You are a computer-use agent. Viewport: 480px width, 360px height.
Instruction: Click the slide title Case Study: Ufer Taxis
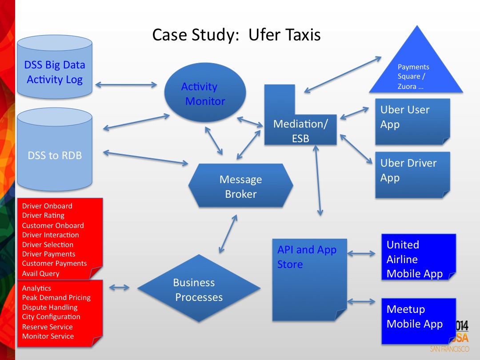(236, 35)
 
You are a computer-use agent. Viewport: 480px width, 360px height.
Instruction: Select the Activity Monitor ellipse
(205, 94)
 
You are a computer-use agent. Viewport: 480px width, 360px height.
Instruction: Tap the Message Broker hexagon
(241, 186)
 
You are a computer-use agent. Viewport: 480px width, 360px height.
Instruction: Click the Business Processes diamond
(199, 289)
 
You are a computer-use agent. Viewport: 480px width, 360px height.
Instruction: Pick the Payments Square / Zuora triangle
(416, 71)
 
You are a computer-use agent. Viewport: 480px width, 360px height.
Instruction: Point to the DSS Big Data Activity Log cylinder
(55, 72)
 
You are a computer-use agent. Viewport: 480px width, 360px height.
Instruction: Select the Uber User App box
(412, 121)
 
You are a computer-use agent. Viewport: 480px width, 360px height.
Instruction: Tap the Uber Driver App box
(412, 174)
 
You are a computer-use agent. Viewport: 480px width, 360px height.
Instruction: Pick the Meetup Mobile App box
(418, 320)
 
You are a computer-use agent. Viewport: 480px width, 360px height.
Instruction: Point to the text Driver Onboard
(47, 206)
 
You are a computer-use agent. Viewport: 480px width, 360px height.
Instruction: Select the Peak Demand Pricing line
(56, 298)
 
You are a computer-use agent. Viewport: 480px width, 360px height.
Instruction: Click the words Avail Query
(40, 274)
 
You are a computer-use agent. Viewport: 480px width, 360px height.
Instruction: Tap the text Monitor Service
(48, 336)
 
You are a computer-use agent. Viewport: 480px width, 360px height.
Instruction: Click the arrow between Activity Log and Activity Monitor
(126, 84)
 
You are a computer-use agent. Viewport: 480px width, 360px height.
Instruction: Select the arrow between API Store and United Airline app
(361, 254)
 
